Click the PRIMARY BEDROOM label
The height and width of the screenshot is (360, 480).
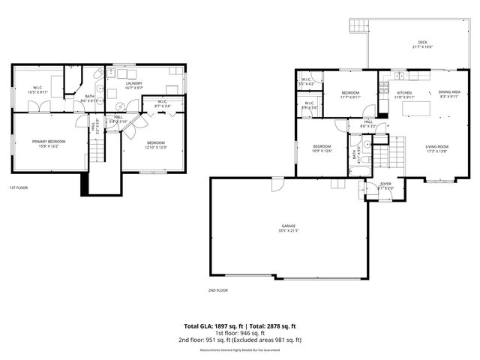pos(48,141)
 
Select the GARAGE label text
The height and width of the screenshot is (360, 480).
pos(289,226)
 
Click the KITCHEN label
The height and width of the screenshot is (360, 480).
pos(404,93)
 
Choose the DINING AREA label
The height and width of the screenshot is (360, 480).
pos(449,92)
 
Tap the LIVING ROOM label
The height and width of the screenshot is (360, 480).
pos(436,147)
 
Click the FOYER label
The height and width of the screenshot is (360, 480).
pos(385,183)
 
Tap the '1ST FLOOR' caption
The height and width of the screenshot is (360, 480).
pos(19,187)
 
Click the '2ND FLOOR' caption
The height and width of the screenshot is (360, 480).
pos(217,289)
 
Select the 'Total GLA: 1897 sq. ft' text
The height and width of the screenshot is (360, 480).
pos(212,326)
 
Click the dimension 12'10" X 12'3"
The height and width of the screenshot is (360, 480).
pos(155,147)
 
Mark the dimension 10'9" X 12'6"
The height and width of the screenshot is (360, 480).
pos(322,151)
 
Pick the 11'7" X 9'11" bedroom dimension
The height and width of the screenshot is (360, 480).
pos(350,97)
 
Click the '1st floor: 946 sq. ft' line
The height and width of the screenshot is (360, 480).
pos(240,334)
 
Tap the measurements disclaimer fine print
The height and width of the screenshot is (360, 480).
pos(240,349)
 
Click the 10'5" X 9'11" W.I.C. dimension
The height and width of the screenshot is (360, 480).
pos(37,92)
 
